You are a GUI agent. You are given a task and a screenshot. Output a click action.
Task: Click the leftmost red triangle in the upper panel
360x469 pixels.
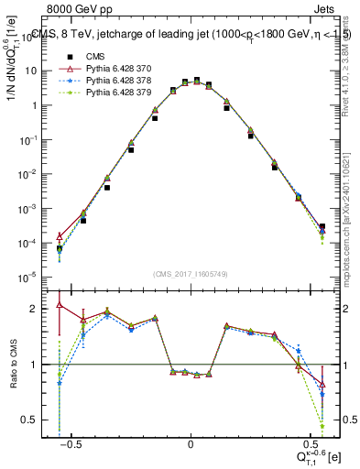(x=60, y=236)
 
